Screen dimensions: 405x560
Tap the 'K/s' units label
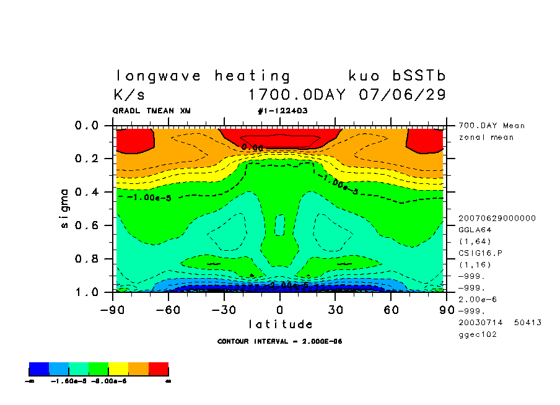tap(129, 95)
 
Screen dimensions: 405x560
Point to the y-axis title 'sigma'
tap(65, 209)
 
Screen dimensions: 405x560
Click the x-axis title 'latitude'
tap(280, 324)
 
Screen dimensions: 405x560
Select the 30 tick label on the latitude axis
tap(336, 308)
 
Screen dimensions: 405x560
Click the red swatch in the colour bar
tap(159, 370)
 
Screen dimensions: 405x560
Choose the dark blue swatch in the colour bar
tap(38, 370)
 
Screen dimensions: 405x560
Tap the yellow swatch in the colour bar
tap(118, 370)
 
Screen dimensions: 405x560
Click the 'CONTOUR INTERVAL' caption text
tap(280, 341)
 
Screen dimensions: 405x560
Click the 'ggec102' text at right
tap(474, 334)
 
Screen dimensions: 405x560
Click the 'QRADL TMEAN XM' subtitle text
tap(152, 111)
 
